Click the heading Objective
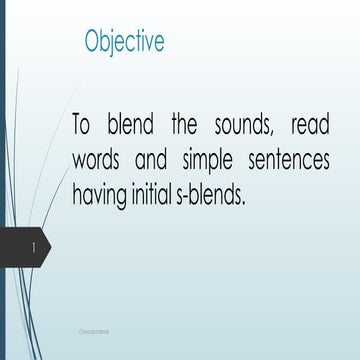(x=125, y=42)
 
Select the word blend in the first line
(x=133, y=127)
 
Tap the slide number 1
(x=34, y=246)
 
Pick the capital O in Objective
(x=93, y=42)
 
